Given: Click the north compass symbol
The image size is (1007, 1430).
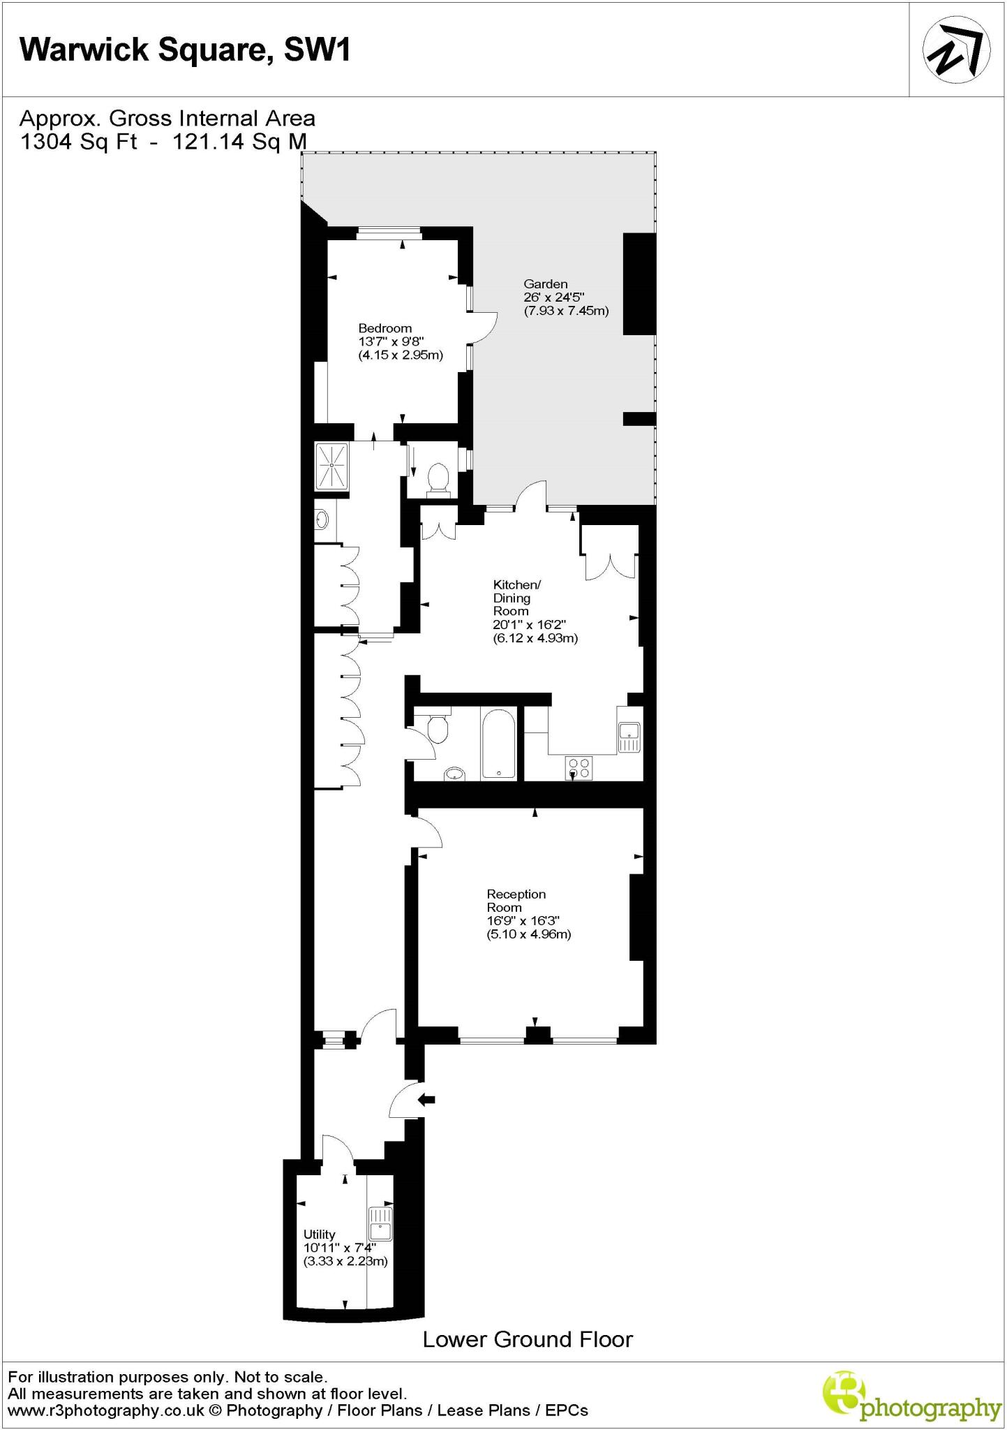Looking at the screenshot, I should pos(957,50).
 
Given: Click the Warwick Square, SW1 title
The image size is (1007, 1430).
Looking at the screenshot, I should pos(185,50).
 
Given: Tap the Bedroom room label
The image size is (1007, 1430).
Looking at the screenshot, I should pos(385,328).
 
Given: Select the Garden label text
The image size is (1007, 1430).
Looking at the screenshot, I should pos(545,284).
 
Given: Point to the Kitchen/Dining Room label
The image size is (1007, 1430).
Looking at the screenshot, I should pos(516,598).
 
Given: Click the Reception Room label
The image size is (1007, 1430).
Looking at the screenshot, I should pos(516,901).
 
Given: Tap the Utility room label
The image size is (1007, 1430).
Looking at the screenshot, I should pos(319,1234).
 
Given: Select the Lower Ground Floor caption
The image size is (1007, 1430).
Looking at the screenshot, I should pos(528,1339).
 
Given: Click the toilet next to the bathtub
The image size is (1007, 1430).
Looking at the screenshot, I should pos(438,729).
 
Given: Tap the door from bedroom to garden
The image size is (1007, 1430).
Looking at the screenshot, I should pos(484,327).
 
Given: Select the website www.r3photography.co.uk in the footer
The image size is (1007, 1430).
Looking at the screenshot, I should pos(105,1410).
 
